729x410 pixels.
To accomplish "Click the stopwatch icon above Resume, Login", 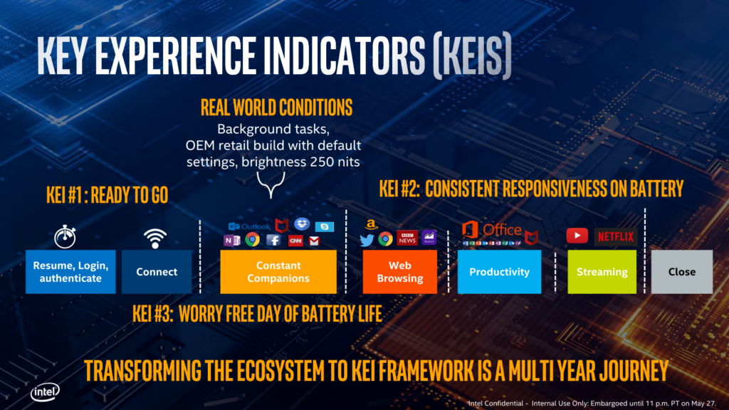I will click(x=65, y=236).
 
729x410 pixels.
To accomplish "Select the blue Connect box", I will click(x=157, y=272).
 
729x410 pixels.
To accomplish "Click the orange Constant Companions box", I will click(x=278, y=272).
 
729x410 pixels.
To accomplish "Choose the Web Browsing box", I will click(x=399, y=272).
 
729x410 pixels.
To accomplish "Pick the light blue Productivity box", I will click(x=499, y=272).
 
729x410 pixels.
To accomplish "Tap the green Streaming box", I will click(x=602, y=272).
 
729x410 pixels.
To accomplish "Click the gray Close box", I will click(x=682, y=272).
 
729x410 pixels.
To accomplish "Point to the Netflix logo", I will click(x=616, y=236).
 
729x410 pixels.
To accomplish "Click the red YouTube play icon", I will click(x=577, y=236).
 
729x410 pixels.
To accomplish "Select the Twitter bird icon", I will click(x=367, y=239).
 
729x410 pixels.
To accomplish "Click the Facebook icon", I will click(x=273, y=240).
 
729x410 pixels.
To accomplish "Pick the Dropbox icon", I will click(x=301, y=224).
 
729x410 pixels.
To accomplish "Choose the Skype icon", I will click(x=325, y=226).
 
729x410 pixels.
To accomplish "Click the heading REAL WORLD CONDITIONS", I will click(x=277, y=108).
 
